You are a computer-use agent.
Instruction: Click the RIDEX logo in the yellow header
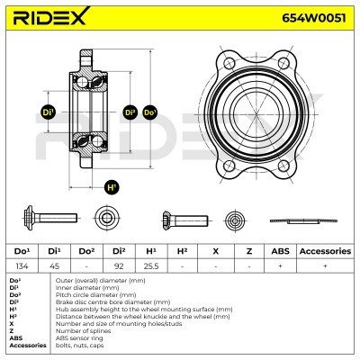pos(51,16)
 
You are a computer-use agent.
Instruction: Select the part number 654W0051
pos(314,18)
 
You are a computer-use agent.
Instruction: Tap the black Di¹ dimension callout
pos(48,112)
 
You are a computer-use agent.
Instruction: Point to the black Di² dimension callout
pos(130,112)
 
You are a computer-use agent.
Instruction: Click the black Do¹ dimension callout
pos(150,112)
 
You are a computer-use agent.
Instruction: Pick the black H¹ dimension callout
pos(112,188)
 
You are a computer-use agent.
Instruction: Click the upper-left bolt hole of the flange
pos(229,64)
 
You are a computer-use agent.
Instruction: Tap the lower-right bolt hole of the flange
pos(283,166)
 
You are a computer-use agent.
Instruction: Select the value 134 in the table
pos(22,266)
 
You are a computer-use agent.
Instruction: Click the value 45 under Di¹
pos(54,266)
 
